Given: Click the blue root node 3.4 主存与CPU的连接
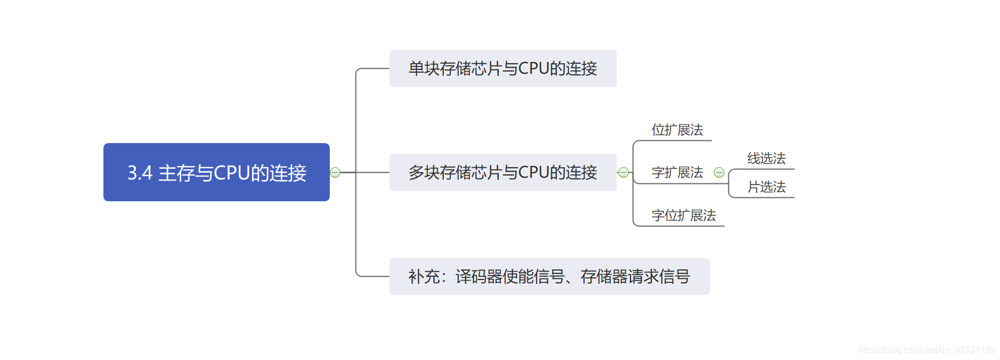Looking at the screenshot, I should [216, 172].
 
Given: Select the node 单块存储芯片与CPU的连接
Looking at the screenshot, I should [503, 68].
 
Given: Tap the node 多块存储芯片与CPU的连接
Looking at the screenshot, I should [503, 172].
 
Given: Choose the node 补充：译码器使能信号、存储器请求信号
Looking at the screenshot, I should [549, 276].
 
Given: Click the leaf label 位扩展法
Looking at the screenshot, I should [677, 130].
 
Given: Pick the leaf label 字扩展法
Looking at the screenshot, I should [677, 173].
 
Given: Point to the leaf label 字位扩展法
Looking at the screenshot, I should [684, 215].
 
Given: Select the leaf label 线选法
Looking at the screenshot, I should [766, 159].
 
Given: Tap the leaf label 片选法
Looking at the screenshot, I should [766, 187].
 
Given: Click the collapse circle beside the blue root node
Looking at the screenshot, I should [335, 172].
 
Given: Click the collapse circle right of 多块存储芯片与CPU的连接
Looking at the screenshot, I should [623, 172].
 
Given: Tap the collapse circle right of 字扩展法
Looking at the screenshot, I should [719, 173].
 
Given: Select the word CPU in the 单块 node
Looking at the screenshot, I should [534, 68].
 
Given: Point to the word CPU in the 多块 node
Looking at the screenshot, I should [534, 172].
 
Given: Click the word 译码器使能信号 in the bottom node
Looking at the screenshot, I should [510, 276].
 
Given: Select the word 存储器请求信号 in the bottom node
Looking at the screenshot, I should [635, 276].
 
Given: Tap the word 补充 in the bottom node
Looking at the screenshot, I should [424, 276].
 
